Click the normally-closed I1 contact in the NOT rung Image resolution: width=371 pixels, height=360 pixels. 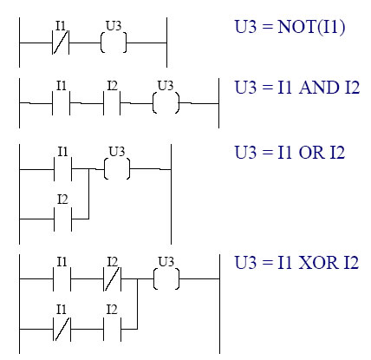click(x=61, y=43)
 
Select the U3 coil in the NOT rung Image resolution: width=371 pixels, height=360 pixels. click(x=114, y=43)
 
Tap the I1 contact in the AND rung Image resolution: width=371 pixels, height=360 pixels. click(x=61, y=103)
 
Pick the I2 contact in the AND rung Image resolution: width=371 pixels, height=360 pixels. click(x=112, y=103)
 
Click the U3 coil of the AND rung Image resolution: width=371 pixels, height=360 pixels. click(x=166, y=103)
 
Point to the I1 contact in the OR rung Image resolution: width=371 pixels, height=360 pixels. click(x=62, y=169)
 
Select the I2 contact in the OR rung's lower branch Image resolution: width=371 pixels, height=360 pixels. click(x=62, y=219)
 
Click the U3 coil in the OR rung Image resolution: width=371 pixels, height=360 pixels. click(x=117, y=169)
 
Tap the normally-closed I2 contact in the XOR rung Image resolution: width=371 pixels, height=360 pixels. click(x=112, y=279)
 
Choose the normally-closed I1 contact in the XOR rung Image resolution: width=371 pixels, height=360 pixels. click(x=62, y=329)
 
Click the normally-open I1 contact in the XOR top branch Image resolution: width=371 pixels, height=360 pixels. click(x=62, y=279)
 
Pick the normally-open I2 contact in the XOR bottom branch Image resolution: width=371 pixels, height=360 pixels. click(x=112, y=329)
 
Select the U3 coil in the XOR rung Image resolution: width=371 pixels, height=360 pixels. click(x=166, y=278)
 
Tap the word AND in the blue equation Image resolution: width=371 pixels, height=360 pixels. click(x=319, y=88)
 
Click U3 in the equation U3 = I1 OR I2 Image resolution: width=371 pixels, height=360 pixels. click(x=245, y=153)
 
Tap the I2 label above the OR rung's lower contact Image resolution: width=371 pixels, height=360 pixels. click(x=62, y=200)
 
